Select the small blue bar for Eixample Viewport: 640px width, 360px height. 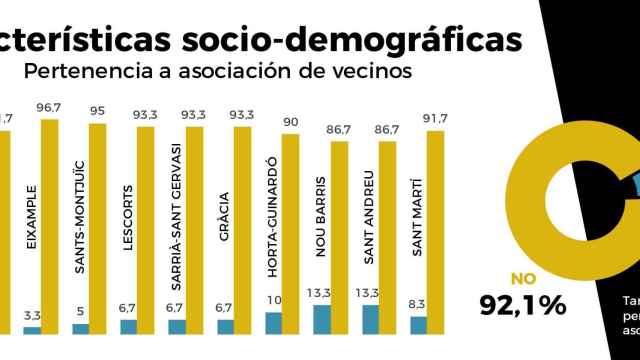32,329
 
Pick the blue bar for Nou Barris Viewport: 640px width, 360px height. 322,319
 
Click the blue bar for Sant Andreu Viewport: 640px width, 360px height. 370,319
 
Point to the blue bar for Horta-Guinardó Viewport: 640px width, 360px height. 274,322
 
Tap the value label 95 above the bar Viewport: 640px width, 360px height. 98,112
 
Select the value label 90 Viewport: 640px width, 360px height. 291,122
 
